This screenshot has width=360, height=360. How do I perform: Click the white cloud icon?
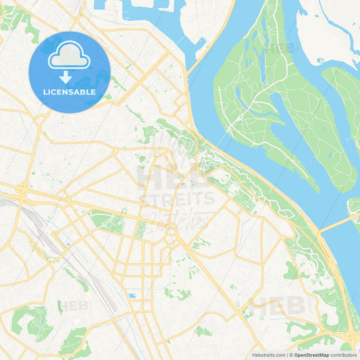70,55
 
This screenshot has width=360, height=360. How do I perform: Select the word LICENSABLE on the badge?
70,92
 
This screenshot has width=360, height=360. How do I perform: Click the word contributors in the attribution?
343,355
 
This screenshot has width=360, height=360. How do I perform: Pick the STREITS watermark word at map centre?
177,199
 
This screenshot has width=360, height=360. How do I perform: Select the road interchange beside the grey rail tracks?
22,190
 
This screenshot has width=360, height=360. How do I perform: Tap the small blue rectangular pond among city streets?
132,295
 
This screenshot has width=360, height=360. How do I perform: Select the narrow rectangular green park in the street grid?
140,230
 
